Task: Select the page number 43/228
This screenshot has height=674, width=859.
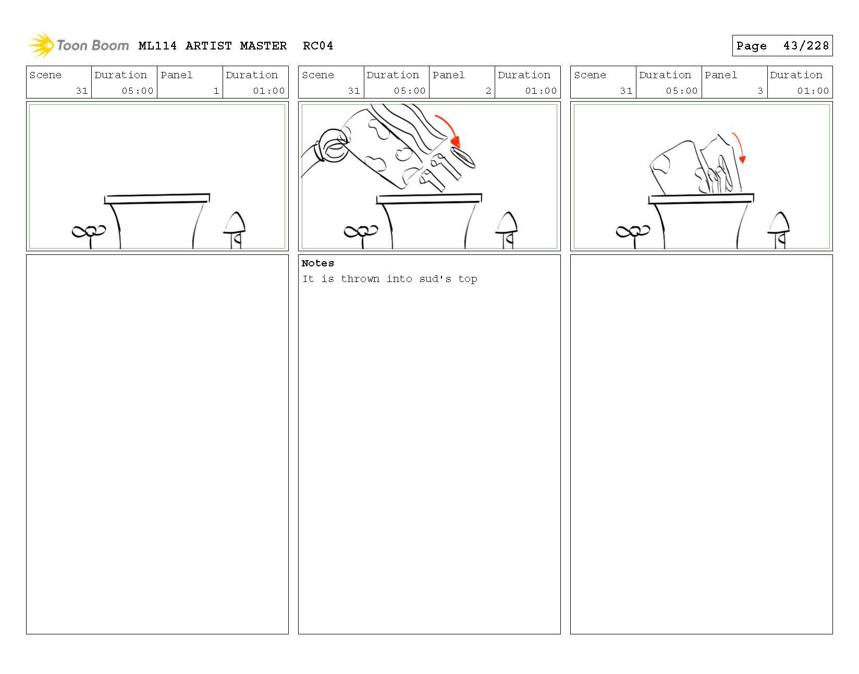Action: pyautogui.click(x=806, y=46)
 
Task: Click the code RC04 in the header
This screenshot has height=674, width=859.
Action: pyautogui.click(x=318, y=46)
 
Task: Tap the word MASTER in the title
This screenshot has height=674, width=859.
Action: pyautogui.click(x=263, y=46)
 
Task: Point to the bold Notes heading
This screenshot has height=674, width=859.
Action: pyautogui.click(x=317, y=263)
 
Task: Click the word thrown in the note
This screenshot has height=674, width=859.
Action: pyautogui.click(x=360, y=279)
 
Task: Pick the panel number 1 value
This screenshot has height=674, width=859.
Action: pyautogui.click(x=216, y=91)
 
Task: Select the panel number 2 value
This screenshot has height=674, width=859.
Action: pyautogui.click(x=488, y=91)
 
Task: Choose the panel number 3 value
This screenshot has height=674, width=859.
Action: pyautogui.click(x=760, y=91)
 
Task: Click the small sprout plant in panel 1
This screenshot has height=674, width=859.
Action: pyautogui.click(x=89, y=236)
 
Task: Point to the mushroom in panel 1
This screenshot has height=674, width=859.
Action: pyautogui.click(x=235, y=230)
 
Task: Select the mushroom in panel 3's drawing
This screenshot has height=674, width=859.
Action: pyautogui.click(x=779, y=230)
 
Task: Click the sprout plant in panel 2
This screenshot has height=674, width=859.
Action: pyautogui.click(x=361, y=236)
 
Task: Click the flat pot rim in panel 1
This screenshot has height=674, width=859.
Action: pyautogui.click(x=157, y=199)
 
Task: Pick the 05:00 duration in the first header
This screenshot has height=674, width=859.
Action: pyautogui.click(x=137, y=91)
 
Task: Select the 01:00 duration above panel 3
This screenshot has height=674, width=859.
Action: pyautogui.click(x=813, y=91)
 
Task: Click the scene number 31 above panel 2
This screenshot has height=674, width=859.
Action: pyautogui.click(x=354, y=91)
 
